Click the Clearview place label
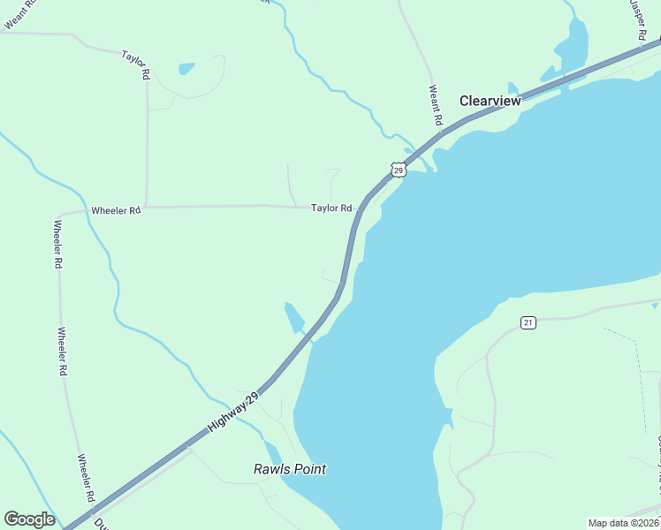click(490, 101)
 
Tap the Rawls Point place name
click(290, 469)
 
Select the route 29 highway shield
click(399, 169)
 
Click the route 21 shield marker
click(528, 322)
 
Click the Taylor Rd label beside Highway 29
click(331, 208)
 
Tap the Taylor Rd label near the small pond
click(135, 66)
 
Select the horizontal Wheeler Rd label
click(116, 211)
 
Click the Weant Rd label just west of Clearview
click(435, 103)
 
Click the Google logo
click(29, 519)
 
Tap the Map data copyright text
click(624, 523)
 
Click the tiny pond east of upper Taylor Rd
click(186, 68)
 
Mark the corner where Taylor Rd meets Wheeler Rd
click(146, 207)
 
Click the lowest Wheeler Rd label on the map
click(85, 478)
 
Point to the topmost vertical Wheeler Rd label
click(57, 244)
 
